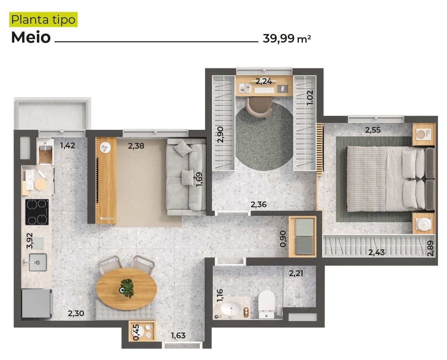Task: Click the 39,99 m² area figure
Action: point(287,38)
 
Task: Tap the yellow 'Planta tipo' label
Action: point(43,20)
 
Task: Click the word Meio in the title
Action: point(31,37)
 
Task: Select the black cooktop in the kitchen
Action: point(37,212)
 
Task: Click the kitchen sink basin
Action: point(38,262)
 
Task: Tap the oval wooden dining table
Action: point(126,289)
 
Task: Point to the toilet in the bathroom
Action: point(266,304)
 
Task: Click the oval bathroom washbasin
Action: point(231,309)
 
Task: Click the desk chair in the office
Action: point(259,108)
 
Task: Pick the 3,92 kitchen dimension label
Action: point(29,241)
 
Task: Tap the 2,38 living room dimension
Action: point(136,146)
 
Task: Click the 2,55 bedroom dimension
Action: point(372,130)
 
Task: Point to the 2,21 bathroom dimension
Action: point(296,274)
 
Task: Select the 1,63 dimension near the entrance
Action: point(178,335)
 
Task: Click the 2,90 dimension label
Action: point(220,135)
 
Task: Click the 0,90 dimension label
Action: point(283,239)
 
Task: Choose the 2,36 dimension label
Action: point(259,204)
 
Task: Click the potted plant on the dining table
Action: point(127,288)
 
